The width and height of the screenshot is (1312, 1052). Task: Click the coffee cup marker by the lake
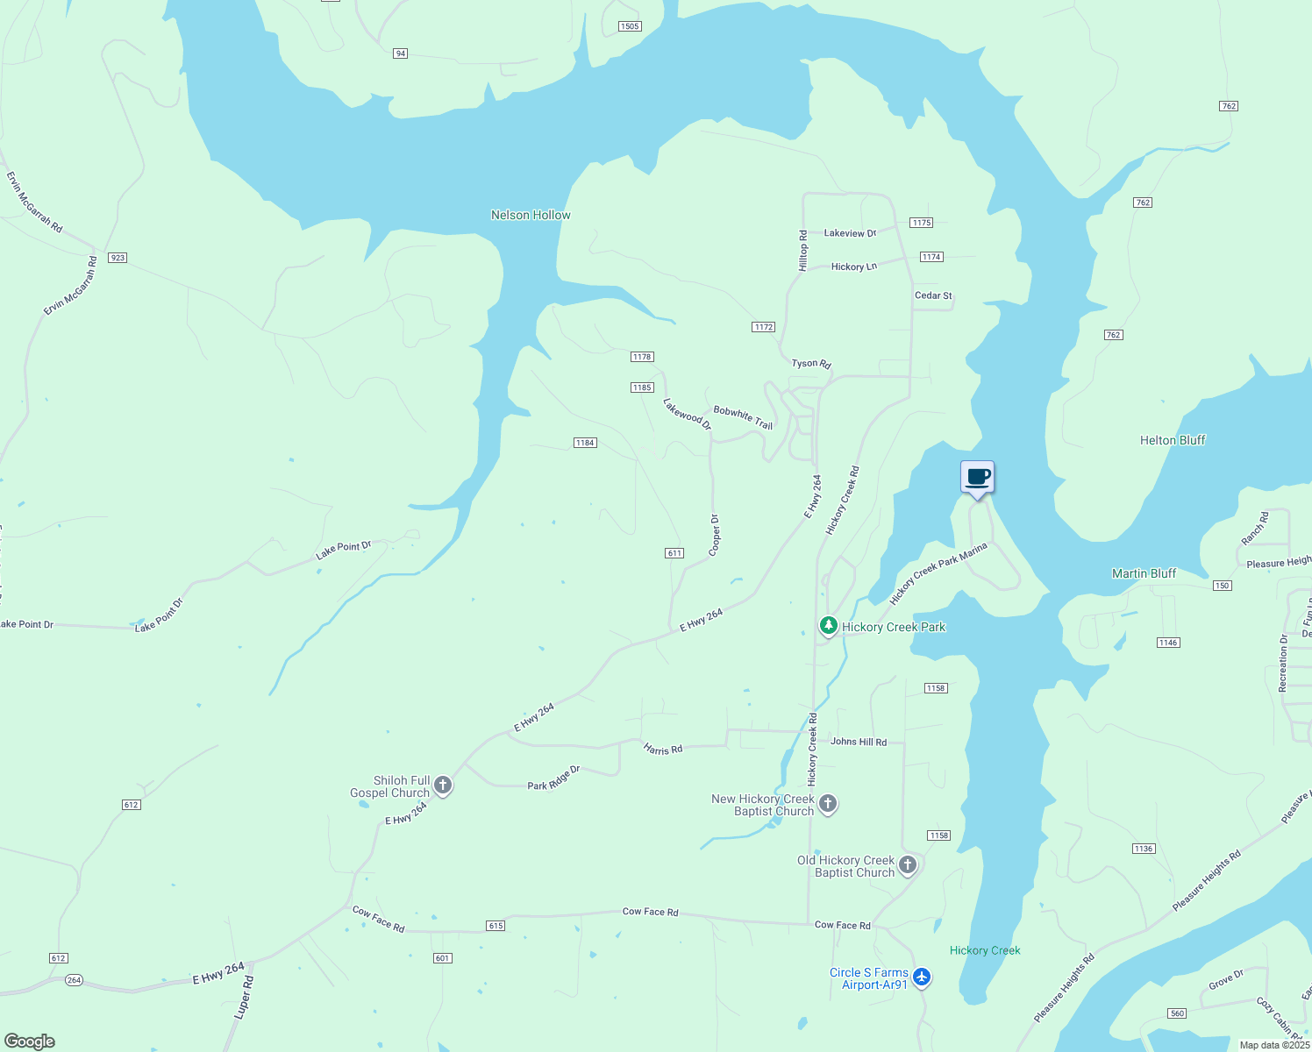977,479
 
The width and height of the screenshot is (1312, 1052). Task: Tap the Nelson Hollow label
531,215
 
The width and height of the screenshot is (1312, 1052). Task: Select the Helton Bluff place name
1173,440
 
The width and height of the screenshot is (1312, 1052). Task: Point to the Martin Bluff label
1144,573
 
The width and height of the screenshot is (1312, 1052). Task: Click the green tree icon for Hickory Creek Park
828,626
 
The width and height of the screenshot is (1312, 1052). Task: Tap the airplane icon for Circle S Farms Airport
921,977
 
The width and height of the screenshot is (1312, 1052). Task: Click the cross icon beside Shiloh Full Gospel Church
444,785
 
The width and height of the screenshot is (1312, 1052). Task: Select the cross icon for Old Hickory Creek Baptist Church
908,865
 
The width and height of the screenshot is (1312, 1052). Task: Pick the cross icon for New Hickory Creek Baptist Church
828,803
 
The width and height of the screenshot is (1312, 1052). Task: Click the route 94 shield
401,53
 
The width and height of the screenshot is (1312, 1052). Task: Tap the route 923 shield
118,258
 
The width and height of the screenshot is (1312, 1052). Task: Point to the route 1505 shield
630,26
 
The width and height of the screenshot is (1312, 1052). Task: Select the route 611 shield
674,553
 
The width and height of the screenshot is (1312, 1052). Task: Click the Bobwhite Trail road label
743,417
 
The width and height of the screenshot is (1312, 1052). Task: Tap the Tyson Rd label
811,363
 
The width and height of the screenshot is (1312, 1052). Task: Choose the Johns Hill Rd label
859,742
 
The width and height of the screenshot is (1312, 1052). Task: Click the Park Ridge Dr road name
553,778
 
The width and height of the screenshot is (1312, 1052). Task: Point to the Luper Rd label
243,999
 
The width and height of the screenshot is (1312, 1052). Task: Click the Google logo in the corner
30,1041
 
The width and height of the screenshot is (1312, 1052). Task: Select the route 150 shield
1223,586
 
